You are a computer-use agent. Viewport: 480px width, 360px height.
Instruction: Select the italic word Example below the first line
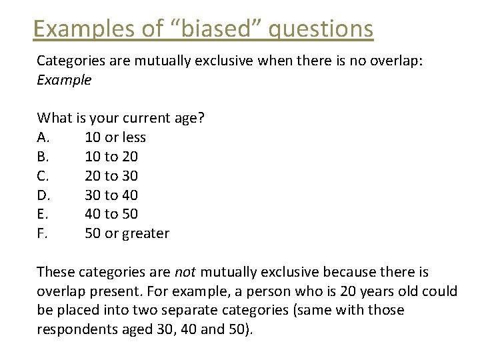click(64, 80)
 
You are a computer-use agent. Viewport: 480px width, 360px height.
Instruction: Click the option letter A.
click(42, 137)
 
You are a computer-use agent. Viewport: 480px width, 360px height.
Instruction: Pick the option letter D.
click(43, 195)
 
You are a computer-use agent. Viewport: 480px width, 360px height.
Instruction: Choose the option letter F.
click(41, 233)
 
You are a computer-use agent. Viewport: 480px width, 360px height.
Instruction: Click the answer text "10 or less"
click(115, 137)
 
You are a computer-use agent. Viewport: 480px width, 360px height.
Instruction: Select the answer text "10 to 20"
click(111, 157)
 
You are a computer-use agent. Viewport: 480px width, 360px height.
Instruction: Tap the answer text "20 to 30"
click(111, 176)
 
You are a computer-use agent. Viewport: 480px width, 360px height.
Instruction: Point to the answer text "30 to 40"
click(111, 195)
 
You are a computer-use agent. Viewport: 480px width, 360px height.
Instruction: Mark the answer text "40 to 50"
click(111, 214)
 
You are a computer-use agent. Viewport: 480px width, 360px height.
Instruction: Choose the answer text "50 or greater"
click(127, 233)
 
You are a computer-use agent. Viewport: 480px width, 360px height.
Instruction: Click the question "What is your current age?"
click(121, 118)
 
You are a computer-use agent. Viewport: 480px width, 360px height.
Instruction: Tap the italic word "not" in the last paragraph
click(185, 272)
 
